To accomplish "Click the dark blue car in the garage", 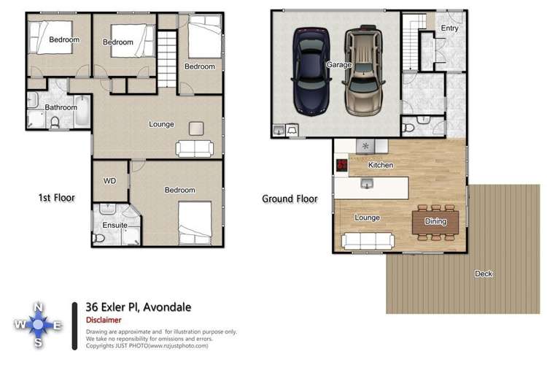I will click(309, 71).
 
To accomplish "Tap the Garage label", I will click(339, 65).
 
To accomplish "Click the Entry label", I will click(449, 28).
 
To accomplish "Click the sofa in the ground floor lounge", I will click(368, 239).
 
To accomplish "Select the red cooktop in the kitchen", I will click(341, 165).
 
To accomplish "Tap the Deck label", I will click(484, 274).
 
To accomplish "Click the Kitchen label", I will click(381, 165).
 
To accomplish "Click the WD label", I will click(110, 180).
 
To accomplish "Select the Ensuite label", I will click(115, 226).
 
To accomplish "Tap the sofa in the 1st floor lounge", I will click(194, 148).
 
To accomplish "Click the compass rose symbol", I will click(39, 322).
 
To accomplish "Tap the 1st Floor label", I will click(56, 197).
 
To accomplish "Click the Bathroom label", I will click(61, 107).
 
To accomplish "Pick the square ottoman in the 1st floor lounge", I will click(197, 128).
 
